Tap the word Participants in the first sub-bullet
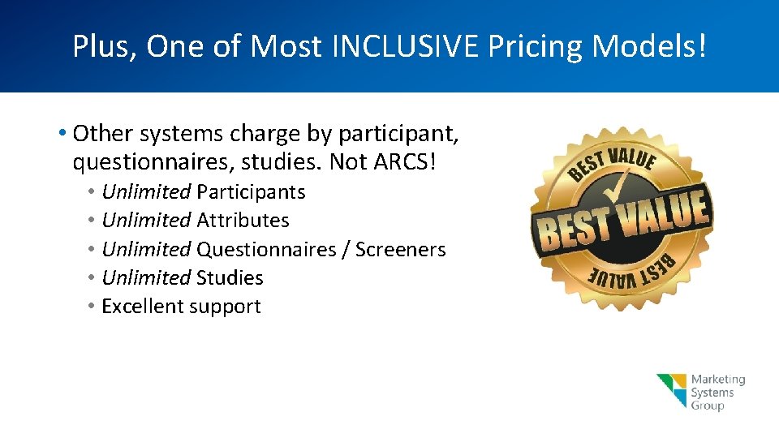[x=251, y=192]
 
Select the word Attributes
[x=243, y=221]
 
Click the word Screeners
[x=400, y=249]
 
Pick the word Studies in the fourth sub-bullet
[x=230, y=277]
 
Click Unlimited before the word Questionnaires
[x=146, y=249]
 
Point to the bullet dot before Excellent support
[x=93, y=307]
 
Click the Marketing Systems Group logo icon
[x=672, y=391]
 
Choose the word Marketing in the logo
[x=717, y=380]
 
